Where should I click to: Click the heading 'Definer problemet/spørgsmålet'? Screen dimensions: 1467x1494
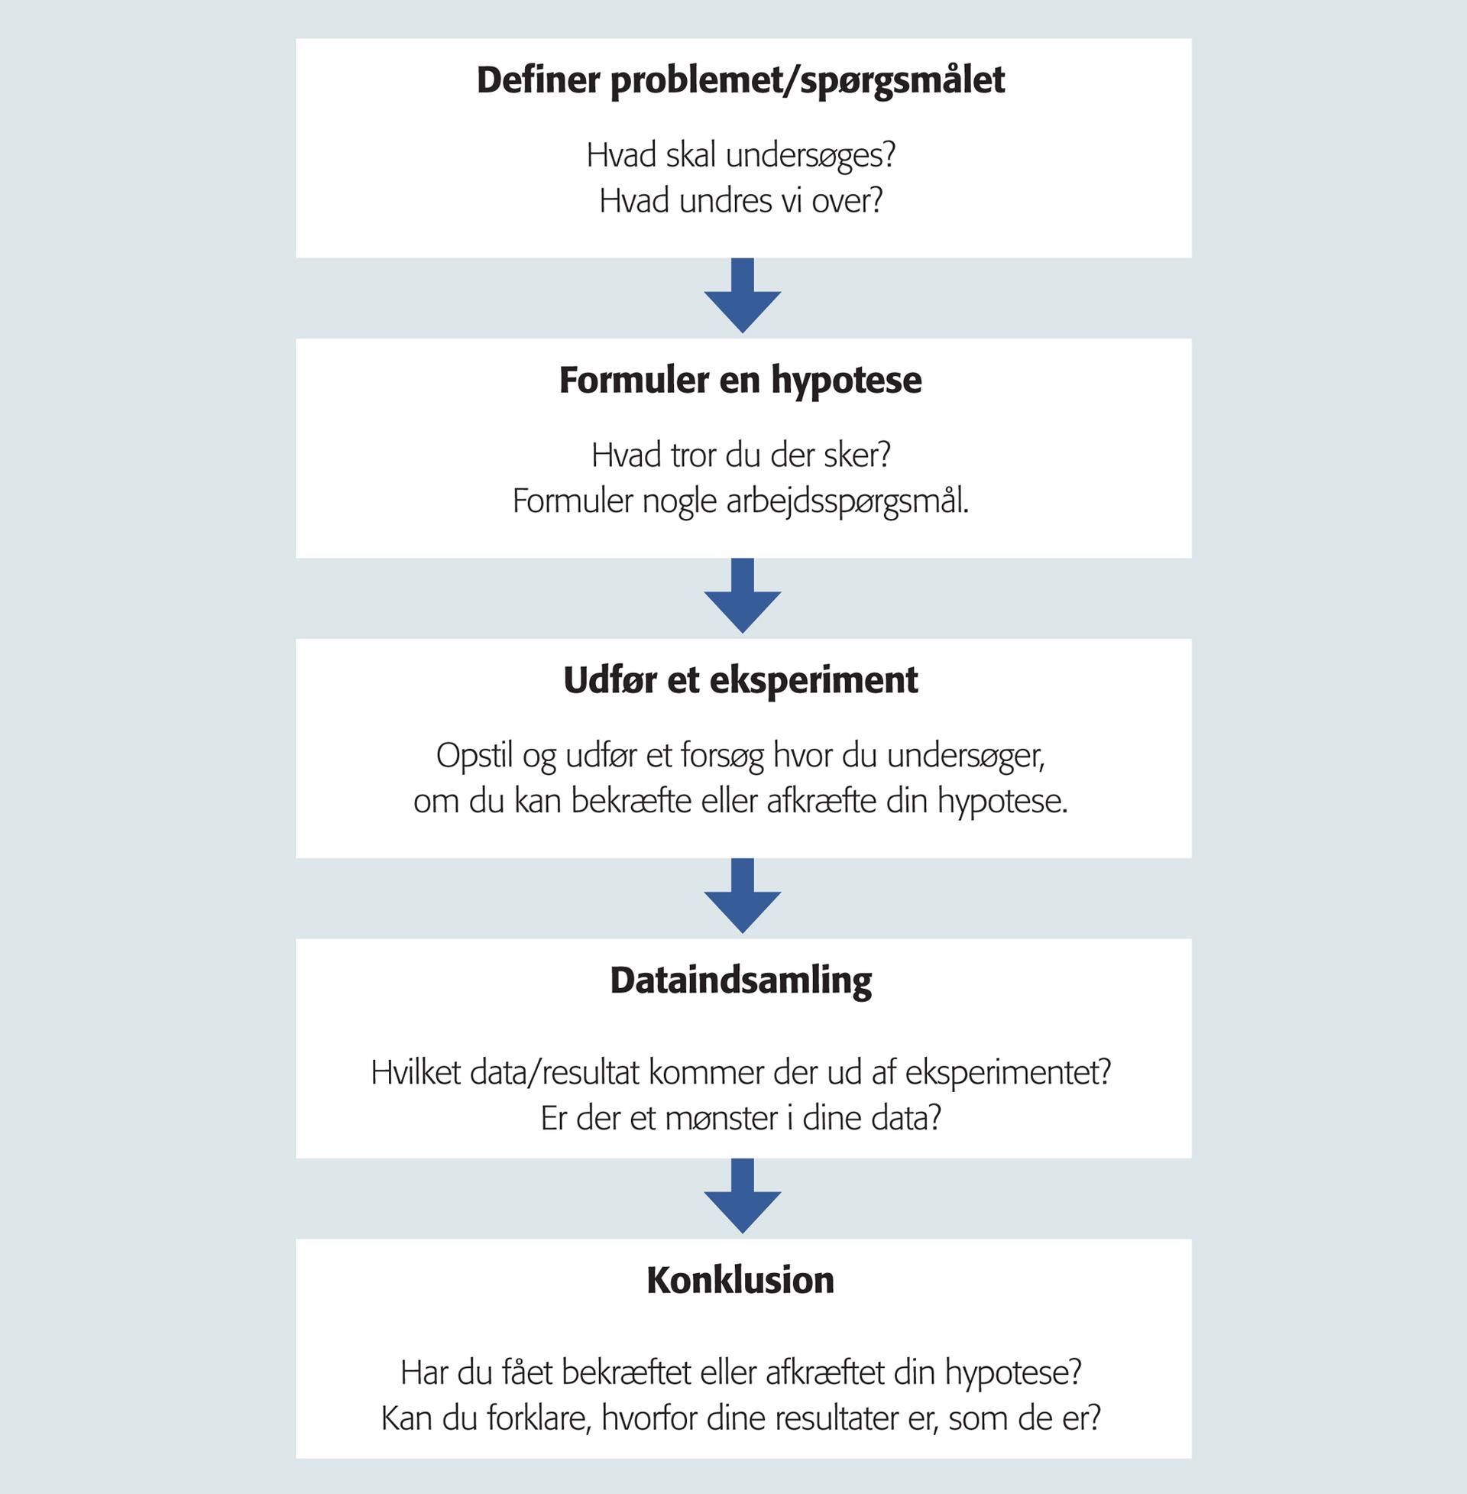tap(741, 81)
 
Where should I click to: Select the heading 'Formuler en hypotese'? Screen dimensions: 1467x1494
tap(740, 381)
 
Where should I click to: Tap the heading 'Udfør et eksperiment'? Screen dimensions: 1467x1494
tap(740, 680)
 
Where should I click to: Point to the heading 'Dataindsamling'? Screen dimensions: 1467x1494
tap(740, 981)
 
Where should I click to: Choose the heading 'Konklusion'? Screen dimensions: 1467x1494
tap(740, 1280)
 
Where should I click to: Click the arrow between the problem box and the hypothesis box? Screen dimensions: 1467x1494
tap(743, 295)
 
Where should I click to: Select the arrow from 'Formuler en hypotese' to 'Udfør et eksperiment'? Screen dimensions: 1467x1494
tap(743, 595)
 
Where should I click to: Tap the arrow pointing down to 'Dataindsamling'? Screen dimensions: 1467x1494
tap(743, 896)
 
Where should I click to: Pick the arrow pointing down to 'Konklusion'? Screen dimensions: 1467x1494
tap(743, 1196)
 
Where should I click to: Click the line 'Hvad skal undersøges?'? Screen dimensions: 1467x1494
tap(741, 157)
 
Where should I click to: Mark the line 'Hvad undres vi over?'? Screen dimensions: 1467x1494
tap(741, 201)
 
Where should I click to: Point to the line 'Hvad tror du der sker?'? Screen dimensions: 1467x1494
tap(741, 456)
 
